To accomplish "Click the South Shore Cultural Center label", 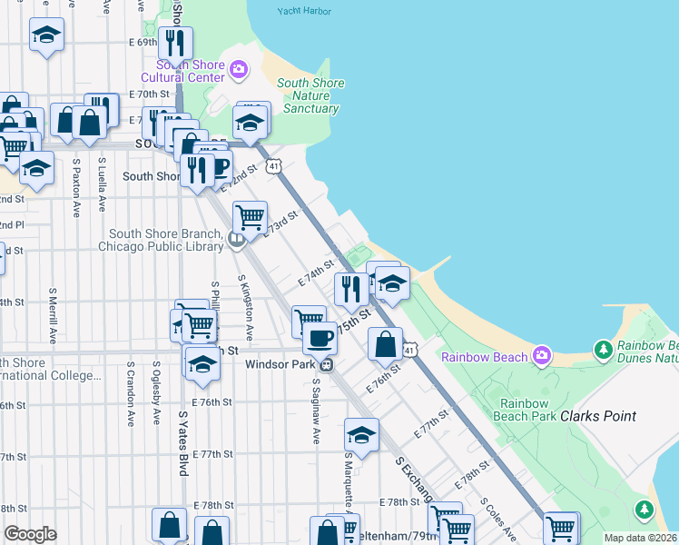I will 191,71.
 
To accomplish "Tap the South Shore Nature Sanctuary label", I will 310,95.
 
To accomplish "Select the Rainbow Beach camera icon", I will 542,354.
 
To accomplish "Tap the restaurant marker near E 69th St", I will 173,44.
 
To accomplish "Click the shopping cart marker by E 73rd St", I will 249,218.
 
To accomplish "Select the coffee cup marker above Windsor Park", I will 319,338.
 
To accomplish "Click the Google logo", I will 30,534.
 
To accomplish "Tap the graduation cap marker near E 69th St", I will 45,37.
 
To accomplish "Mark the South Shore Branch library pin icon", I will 237,240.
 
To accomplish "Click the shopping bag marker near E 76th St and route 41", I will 386,344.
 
